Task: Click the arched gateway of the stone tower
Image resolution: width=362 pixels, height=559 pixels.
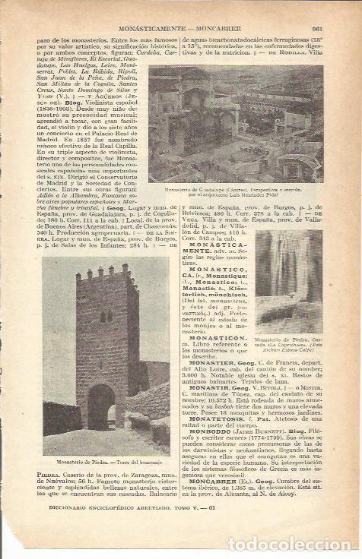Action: [100, 406]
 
